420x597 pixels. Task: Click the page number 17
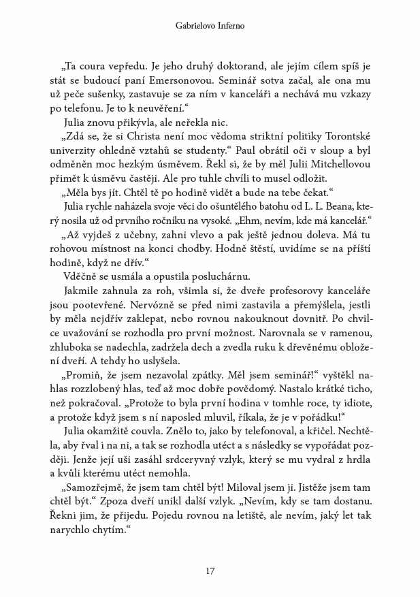pos(210,570)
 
